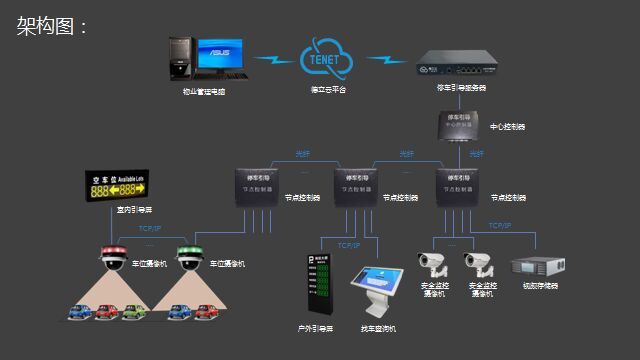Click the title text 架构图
(52, 26)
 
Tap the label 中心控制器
(507, 127)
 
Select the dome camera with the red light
(110, 259)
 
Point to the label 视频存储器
(540, 285)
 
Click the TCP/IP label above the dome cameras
(150, 229)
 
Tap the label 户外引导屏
(316, 327)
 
